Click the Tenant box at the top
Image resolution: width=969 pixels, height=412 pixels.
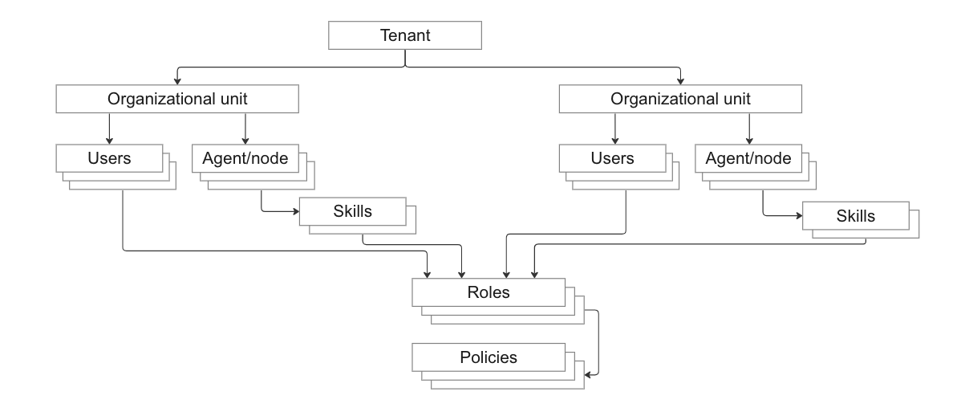pos(405,35)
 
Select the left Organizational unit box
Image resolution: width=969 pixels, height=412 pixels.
pos(176,100)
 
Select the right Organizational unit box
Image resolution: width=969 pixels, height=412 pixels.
pos(680,100)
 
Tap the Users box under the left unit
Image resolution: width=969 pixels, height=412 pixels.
pos(109,157)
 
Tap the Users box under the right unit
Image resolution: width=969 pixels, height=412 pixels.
pos(613,157)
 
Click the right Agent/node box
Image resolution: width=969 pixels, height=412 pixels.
pos(748,157)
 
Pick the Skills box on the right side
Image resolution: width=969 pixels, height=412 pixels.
pos(855,215)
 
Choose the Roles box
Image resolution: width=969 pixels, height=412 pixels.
pos(489,292)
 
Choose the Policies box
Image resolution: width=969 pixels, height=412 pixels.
pos(489,356)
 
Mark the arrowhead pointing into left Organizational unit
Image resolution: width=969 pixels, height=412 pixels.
pos(177,82)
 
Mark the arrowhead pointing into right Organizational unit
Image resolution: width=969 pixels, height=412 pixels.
pos(680,82)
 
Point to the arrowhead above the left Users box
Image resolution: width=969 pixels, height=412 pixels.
pos(109,140)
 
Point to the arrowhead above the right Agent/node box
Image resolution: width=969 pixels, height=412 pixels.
pos(748,140)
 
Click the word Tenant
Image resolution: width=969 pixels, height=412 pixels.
pos(405,35)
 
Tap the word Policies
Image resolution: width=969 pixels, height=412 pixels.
pos(489,356)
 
